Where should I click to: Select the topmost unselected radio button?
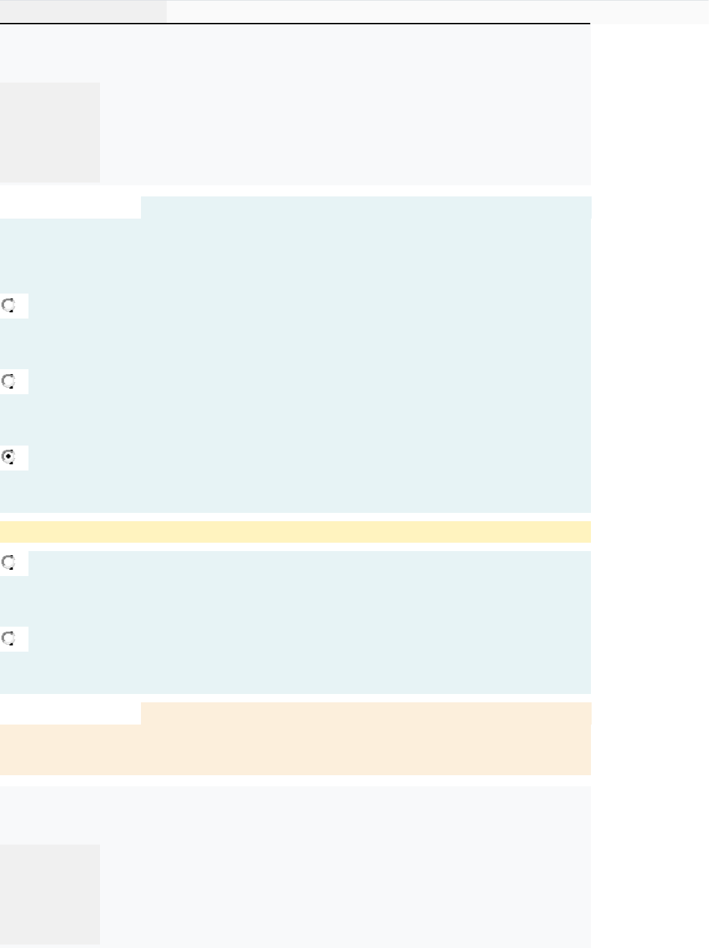[8, 305]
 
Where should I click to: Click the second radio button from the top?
[8, 381]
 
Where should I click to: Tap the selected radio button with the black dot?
[8, 457]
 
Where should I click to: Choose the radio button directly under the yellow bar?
[8, 561]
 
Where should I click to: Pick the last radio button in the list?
[8, 638]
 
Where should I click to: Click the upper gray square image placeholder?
[50, 133]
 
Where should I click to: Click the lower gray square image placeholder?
[50, 894]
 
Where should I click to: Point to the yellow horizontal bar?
[295, 532]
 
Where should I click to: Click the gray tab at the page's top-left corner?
[83, 11]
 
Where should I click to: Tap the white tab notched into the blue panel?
[70, 208]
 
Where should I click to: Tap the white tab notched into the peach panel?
[70, 713]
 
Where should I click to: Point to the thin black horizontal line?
[295, 24]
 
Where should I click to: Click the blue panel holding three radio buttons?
[312, 361]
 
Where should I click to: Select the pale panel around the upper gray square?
[347, 104]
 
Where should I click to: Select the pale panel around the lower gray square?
[347, 867]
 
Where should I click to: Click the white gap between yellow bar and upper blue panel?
[295, 517]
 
